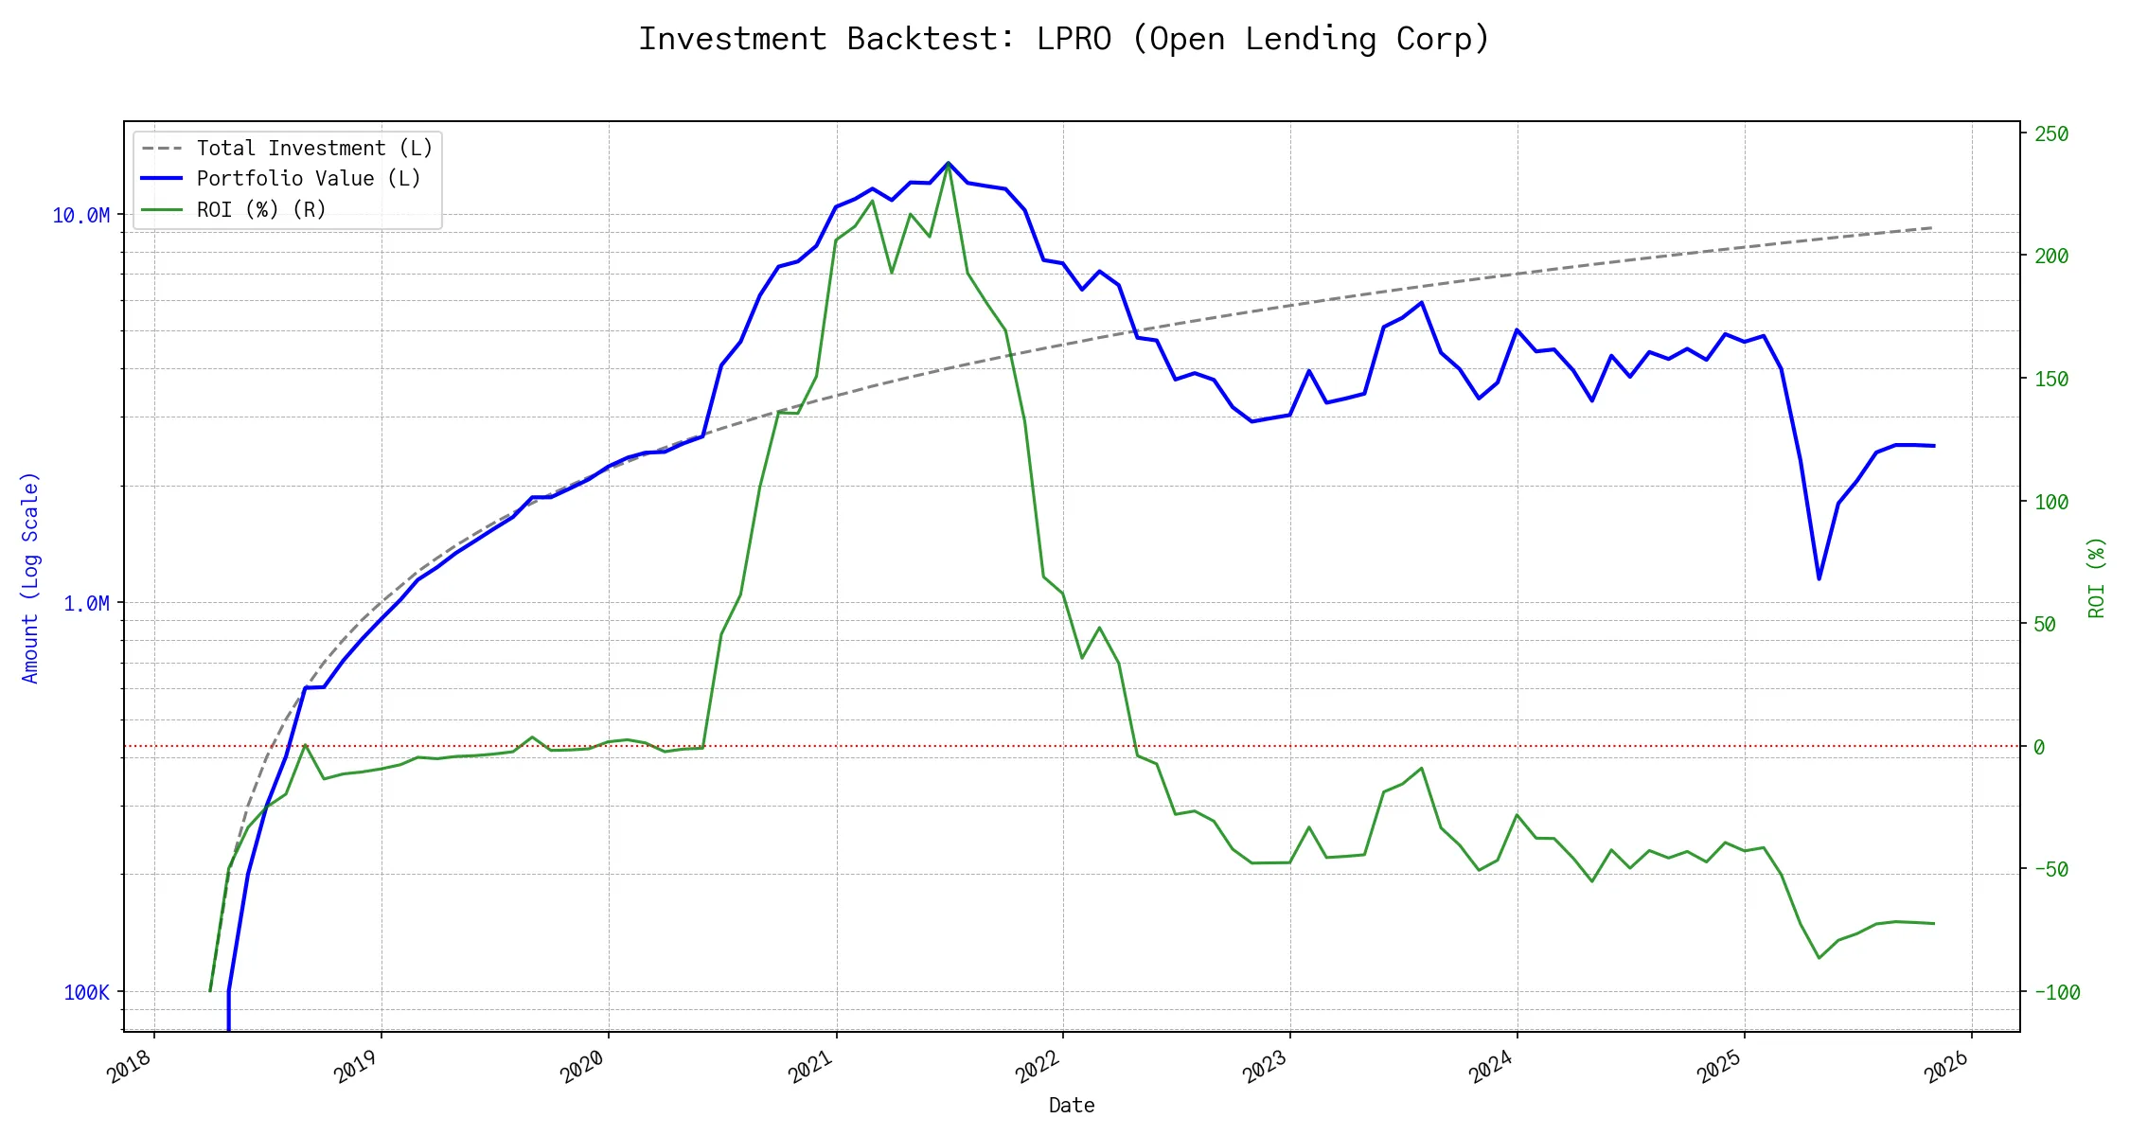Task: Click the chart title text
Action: point(1064,39)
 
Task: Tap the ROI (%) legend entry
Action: point(261,210)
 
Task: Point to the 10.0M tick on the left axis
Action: point(81,216)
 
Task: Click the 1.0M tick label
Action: point(86,604)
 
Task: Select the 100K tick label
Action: point(86,992)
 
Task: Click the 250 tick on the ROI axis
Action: point(2051,134)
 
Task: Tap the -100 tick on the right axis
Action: point(2056,992)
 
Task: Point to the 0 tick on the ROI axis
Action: point(2039,747)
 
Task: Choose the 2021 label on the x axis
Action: point(811,1067)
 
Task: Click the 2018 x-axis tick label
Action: point(130,1067)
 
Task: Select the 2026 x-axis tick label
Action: point(1947,1067)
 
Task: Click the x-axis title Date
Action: point(1072,1106)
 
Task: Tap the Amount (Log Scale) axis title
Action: point(30,577)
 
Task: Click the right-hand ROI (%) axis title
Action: point(2096,577)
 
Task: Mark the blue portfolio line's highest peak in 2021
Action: point(948,163)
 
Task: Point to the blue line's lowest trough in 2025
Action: point(1819,578)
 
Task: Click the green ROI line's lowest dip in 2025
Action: point(1819,958)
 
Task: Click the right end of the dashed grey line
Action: point(1932,228)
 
